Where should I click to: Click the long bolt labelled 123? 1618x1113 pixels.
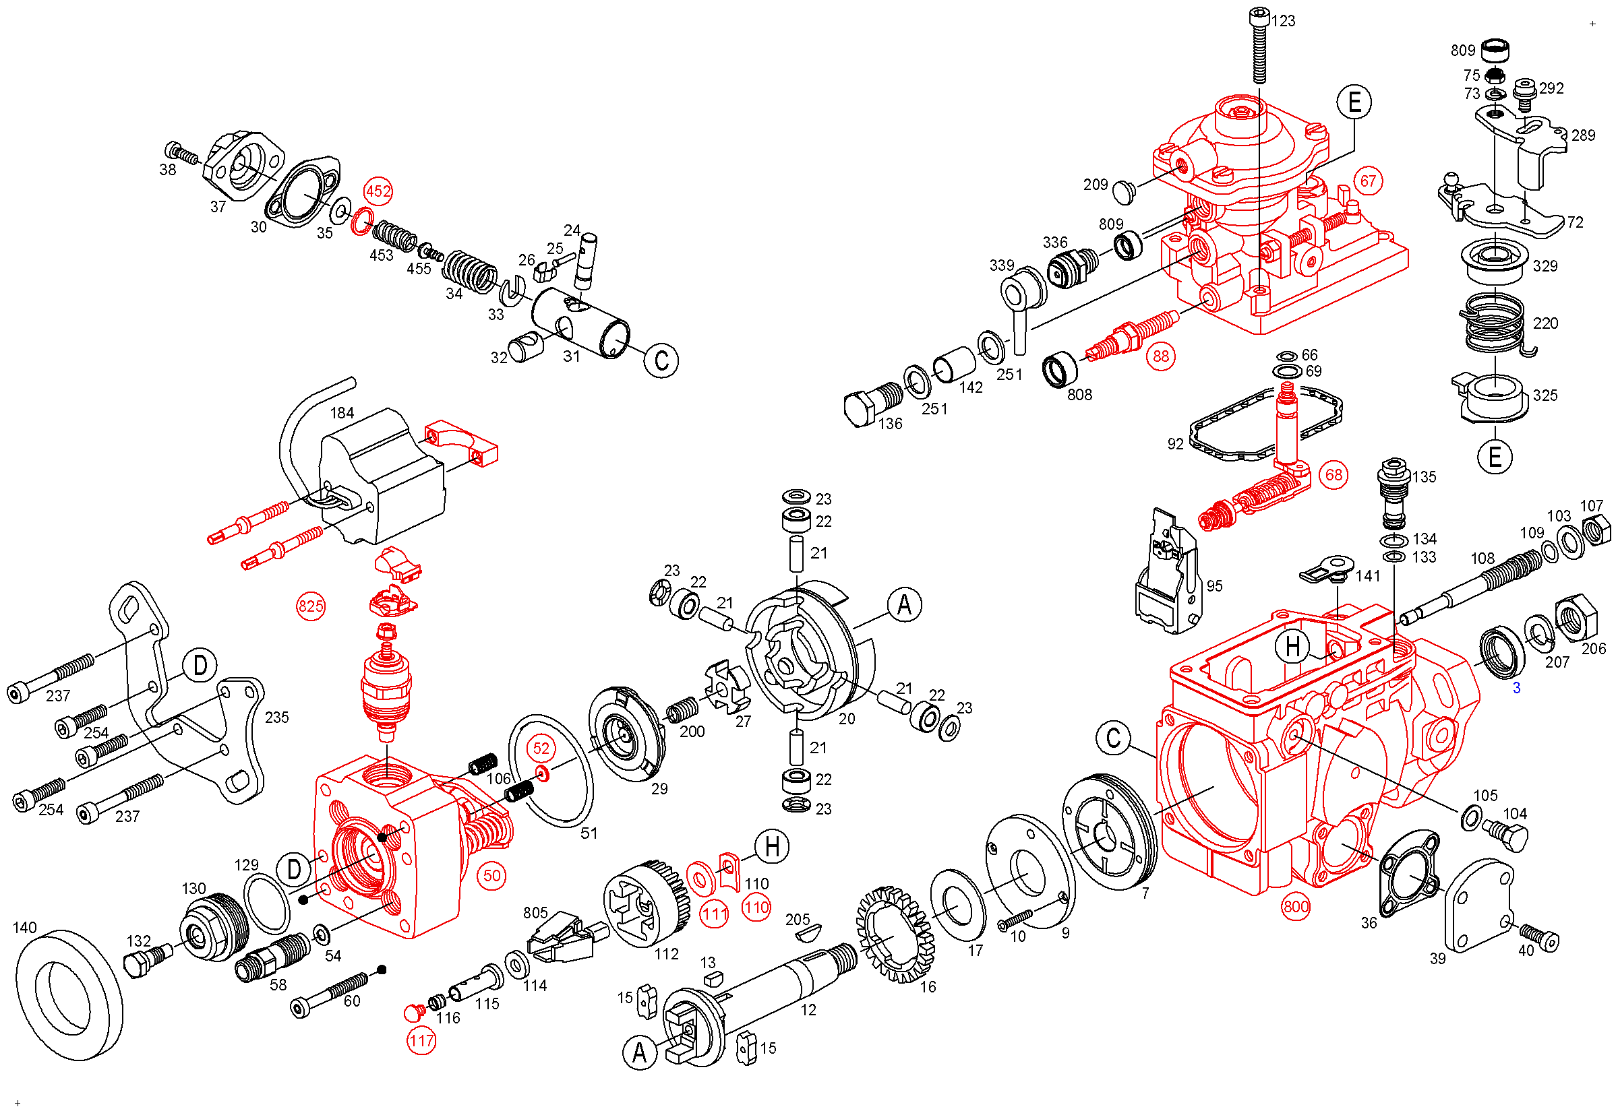tap(1259, 45)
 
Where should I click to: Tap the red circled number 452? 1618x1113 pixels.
tap(378, 191)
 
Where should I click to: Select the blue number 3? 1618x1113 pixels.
tap(1516, 689)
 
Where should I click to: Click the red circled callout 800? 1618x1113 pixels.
tap(1296, 908)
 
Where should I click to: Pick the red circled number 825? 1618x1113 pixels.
tap(311, 606)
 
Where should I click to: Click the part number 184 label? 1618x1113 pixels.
tap(342, 413)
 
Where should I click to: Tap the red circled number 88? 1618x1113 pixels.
tap(1161, 356)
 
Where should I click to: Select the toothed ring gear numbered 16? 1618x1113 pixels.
tap(895, 935)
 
